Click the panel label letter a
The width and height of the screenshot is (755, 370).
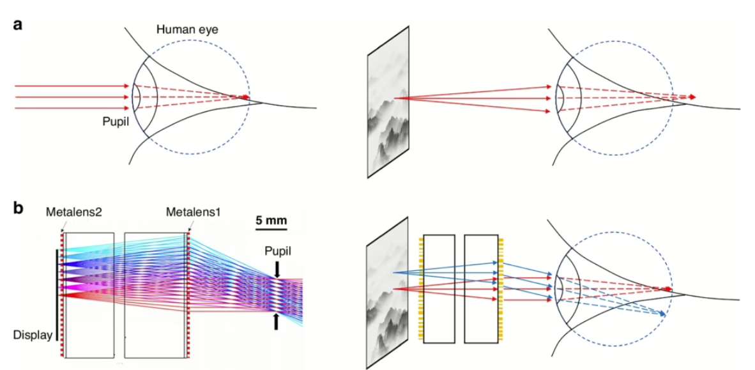pyautogui.click(x=18, y=24)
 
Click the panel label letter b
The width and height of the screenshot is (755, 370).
pyautogui.click(x=19, y=208)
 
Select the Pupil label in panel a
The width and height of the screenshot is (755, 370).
pyautogui.click(x=114, y=122)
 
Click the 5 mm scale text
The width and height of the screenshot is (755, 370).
pyautogui.click(x=271, y=221)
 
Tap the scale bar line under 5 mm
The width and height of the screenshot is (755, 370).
pyautogui.click(x=271, y=229)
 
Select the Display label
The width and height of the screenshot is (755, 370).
pyautogui.click(x=33, y=335)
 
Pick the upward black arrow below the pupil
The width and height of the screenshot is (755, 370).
pyautogui.click(x=277, y=321)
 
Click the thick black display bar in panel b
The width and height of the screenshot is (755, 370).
pyautogui.click(x=58, y=295)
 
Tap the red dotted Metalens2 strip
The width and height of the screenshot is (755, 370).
pyautogui.click(x=62, y=295)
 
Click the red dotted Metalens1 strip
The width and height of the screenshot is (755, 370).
pyautogui.click(x=188, y=295)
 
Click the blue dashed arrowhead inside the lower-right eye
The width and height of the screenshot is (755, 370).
pyautogui.click(x=664, y=314)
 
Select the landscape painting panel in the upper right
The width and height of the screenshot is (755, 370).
pyautogui.click(x=388, y=102)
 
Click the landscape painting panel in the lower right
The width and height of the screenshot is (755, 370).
pyautogui.click(x=388, y=293)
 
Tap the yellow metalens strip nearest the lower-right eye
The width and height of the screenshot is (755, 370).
pyautogui.click(x=501, y=289)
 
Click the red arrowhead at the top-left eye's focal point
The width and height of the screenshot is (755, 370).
pyautogui.click(x=247, y=97)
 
